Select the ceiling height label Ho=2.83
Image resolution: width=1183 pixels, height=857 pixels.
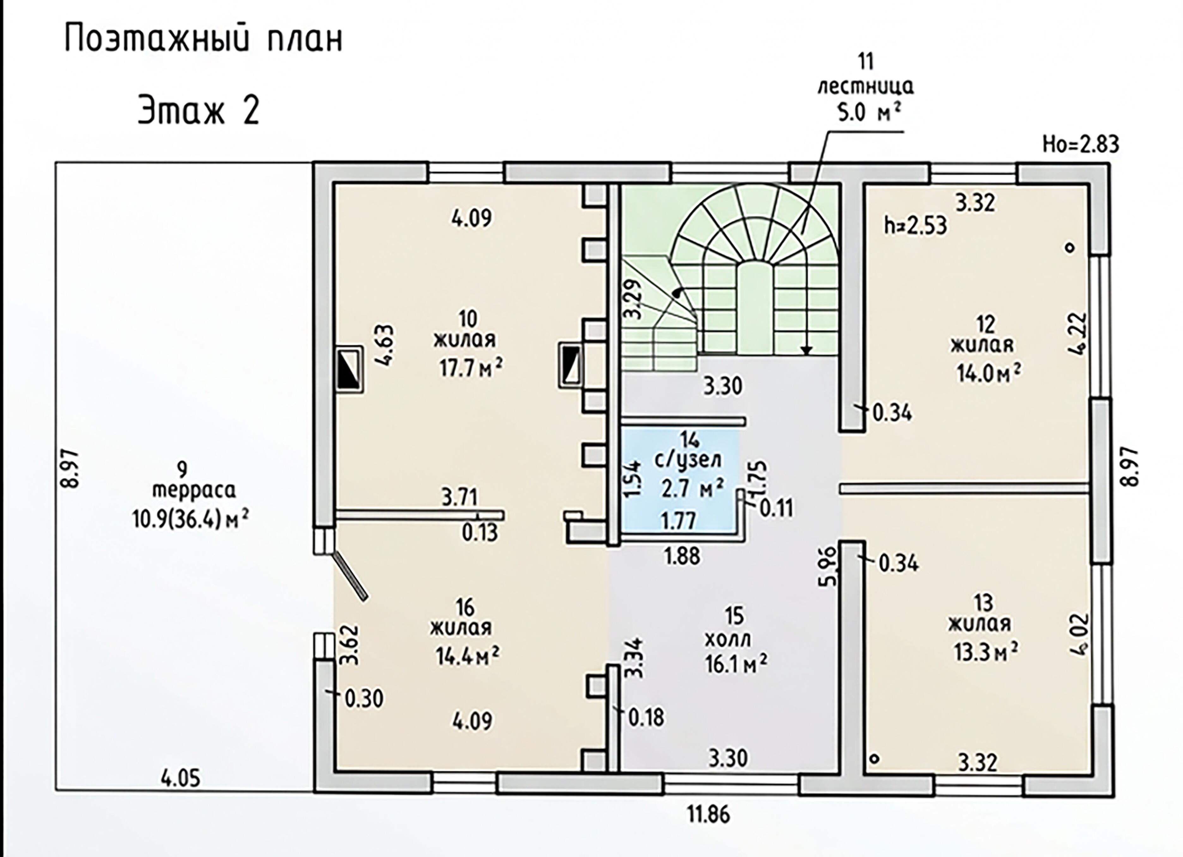tap(1081, 144)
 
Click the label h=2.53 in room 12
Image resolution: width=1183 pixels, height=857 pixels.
tap(915, 226)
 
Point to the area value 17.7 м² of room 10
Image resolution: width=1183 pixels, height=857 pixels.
tap(471, 368)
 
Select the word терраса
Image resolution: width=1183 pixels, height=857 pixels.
tap(194, 491)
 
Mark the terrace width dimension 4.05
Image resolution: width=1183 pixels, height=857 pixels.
tap(180, 779)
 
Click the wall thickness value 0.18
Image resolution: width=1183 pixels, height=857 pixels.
tap(646, 718)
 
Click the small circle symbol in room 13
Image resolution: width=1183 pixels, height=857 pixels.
tap(875, 758)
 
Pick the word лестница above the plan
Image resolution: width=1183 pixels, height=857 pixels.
tap(866, 87)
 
